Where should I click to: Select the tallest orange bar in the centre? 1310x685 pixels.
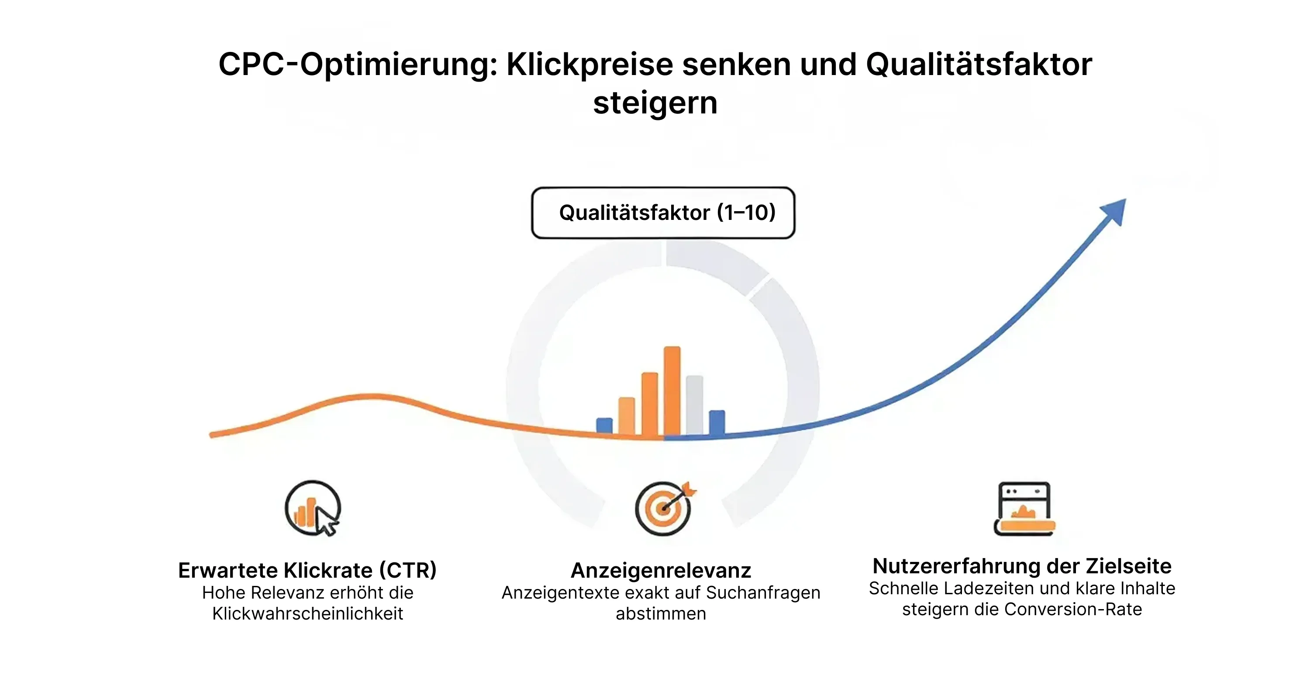672,391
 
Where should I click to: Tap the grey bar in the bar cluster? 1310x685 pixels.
694,405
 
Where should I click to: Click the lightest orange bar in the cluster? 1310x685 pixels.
627,416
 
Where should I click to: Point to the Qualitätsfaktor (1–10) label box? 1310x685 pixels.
663,213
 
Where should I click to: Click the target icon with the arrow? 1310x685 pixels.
665,508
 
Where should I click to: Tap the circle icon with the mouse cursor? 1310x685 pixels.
313,508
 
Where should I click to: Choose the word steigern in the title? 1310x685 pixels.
655,103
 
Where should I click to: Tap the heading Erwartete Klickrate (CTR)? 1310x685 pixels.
307,570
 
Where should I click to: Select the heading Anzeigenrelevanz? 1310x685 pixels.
661,570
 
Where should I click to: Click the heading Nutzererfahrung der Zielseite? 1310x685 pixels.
1022,565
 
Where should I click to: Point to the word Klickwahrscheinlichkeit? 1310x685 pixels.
308,613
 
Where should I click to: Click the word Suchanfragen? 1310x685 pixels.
763,593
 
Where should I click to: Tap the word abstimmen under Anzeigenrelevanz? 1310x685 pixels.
661,613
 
